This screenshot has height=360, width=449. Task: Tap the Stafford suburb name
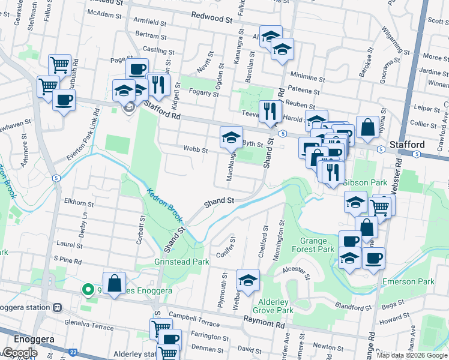407,145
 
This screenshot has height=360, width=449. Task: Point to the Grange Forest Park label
317,245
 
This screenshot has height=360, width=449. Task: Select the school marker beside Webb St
231,138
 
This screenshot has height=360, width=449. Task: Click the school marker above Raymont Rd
248,280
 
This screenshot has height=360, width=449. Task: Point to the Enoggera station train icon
57,307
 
